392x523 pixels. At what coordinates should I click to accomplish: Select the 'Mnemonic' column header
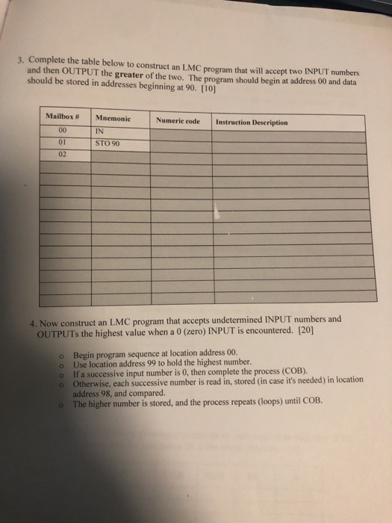[x=111, y=119]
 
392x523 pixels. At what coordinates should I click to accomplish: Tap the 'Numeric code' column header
[x=178, y=120]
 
